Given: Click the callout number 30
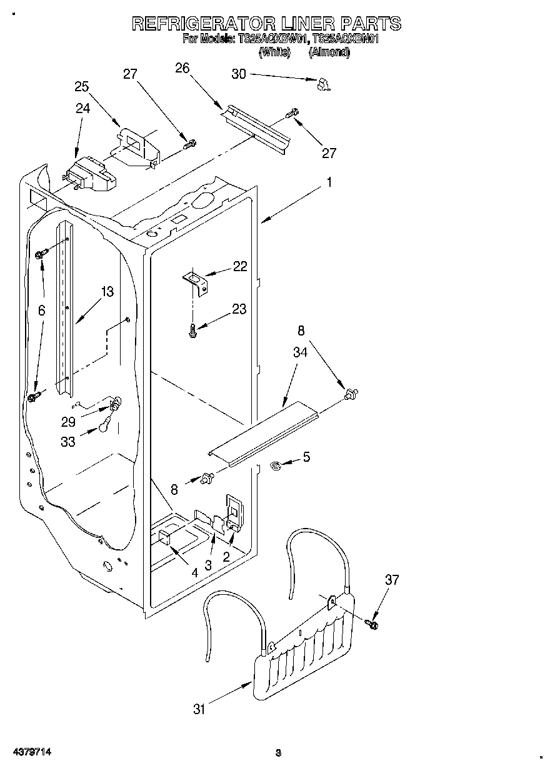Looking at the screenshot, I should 239,74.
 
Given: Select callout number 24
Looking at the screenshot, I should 82,108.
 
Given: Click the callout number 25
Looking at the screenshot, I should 82,87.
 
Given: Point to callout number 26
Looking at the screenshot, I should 182,68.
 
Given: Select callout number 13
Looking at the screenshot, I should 107,291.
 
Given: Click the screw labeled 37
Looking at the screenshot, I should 374,622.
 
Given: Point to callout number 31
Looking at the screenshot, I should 199,709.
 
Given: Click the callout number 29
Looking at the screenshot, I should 68,422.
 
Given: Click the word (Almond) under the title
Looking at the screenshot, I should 329,52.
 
